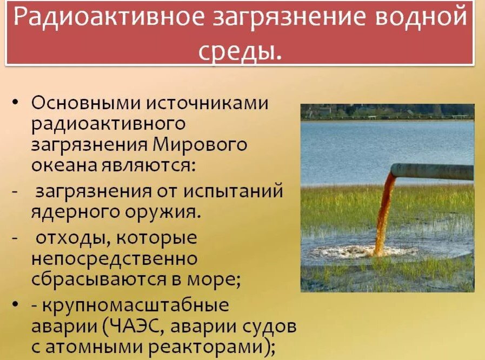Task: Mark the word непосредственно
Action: click(114, 258)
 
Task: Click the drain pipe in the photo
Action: click(433, 171)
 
